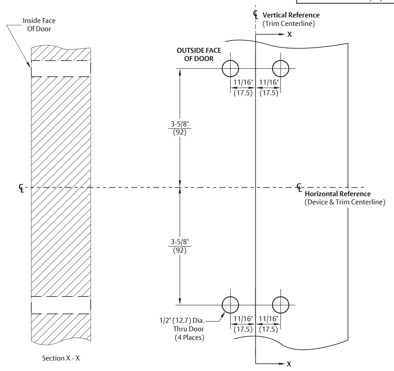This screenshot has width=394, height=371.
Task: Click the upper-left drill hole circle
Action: click(222, 69)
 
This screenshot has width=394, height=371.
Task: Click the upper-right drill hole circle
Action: click(272, 69)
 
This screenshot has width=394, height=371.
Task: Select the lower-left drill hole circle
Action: click(222, 305)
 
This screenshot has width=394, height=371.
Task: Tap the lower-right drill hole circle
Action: click(272, 305)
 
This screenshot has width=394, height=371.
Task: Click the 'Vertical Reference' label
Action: click(291, 15)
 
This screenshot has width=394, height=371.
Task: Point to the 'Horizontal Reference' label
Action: click(338, 194)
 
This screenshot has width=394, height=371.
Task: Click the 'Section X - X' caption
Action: click(61, 358)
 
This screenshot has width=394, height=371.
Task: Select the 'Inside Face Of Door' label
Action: click(39, 25)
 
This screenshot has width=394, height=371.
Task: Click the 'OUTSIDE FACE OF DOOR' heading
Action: click(199, 54)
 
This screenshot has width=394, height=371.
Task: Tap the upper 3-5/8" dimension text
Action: click(180, 124)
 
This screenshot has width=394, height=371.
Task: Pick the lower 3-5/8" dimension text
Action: click(180, 242)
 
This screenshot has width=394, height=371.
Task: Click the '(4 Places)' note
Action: click(189, 338)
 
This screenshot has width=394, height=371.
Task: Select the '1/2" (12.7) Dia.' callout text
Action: click(182, 320)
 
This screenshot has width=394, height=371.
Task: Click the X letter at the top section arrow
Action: click(290, 34)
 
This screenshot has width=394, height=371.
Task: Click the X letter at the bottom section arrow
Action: click(289, 364)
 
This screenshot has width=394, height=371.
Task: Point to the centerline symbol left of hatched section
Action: click(21, 188)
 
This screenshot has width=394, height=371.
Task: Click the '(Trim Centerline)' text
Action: click(289, 24)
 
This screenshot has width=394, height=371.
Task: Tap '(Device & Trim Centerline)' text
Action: click(345, 202)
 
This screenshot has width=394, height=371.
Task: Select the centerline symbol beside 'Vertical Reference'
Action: click(256, 14)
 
